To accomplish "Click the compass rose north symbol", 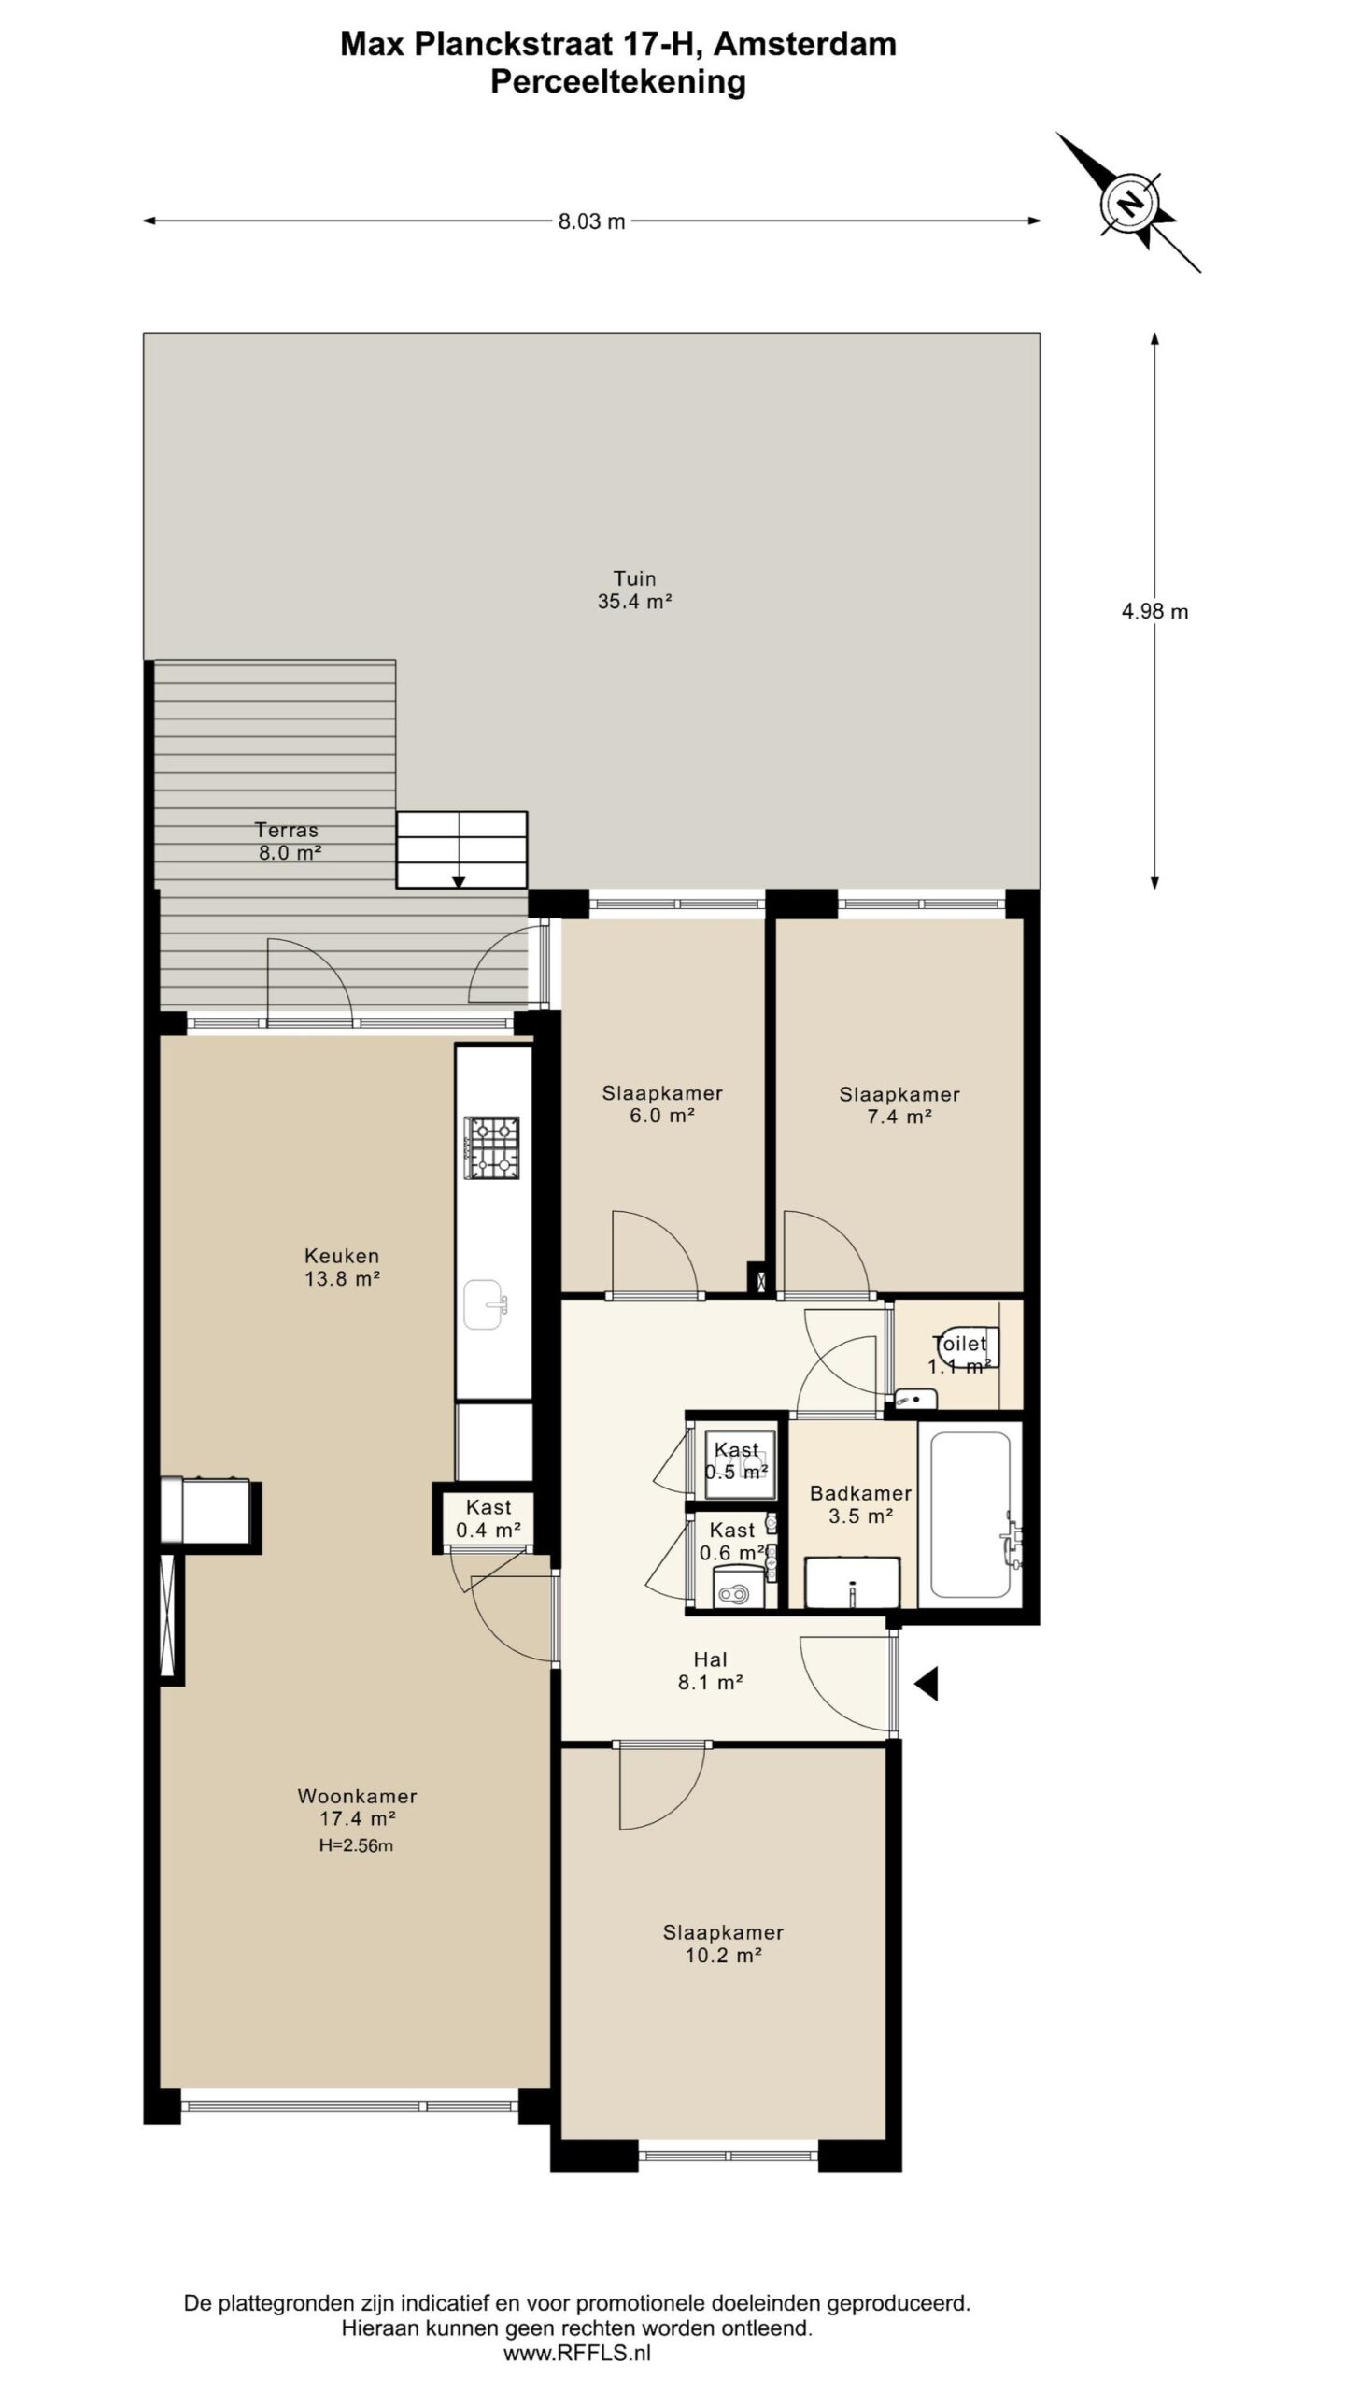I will [x=1130, y=203].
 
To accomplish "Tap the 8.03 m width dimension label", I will [x=591, y=221].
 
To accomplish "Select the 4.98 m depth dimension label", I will [x=1154, y=612].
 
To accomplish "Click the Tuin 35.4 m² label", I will [x=634, y=590].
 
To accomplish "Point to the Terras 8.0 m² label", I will [x=289, y=841].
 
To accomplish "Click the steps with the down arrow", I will [x=461, y=849].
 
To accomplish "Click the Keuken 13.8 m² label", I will [x=342, y=1267].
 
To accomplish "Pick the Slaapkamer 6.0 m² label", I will [x=661, y=1103].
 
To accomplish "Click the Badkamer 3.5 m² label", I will [x=860, y=1504].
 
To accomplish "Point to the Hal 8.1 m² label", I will [x=710, y=1671].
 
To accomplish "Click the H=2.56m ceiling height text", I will [x=355, y=1845].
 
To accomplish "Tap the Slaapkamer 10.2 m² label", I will [x=723, y=1943].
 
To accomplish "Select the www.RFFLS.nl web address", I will [x=576, y=2354].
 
